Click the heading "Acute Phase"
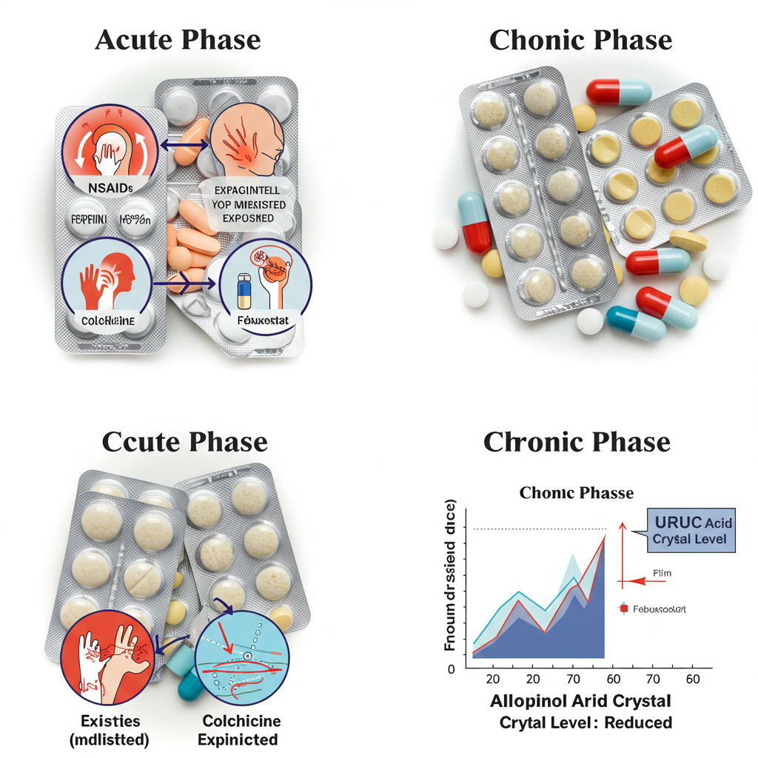[178, 40]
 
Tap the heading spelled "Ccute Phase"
[184, 442]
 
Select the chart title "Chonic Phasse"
[577, 492]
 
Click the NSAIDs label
[108, 187]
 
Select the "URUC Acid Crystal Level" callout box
[691, 531]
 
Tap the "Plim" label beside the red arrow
[663, 573]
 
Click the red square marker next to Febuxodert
[623, 608]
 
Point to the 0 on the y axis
[451, 669]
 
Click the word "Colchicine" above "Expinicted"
[241, 720]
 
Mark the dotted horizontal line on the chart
[539, 529]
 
